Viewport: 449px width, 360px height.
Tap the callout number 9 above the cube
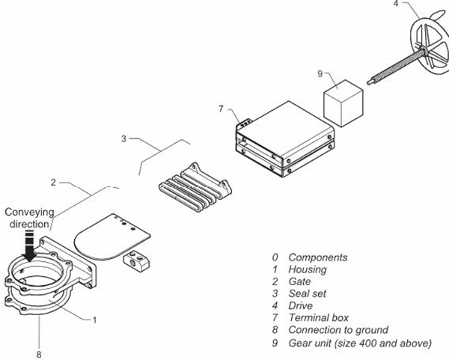coord(320,73)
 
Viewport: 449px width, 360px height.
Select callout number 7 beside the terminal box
coord(221,109)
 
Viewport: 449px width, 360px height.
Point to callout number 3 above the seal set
coord(124,138)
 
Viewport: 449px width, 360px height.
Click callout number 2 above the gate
coord(53,182)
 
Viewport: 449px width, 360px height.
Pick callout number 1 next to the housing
coord(94,320)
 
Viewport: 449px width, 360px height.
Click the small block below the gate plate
coord(136,261)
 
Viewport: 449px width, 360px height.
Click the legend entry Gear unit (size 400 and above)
coord(360,343)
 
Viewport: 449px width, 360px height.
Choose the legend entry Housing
coord(308,269)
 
